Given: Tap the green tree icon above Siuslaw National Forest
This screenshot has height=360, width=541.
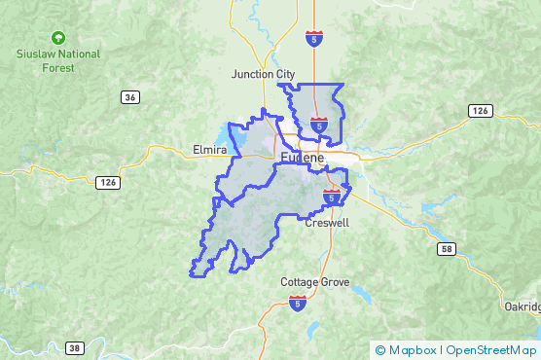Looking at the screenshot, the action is pyautogui.click(x=59, y=38).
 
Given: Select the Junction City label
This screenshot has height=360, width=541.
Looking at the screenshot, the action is pyautogui.click(x=263, y=74).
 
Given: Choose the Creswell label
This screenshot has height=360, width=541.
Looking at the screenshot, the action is pyautogui.click(x=327, y=223).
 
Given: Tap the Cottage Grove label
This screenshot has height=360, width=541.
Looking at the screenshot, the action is pyautogui.click(x=312, y=282).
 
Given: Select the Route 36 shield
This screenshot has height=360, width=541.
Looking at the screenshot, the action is pyautogui.click(x=130, y=96).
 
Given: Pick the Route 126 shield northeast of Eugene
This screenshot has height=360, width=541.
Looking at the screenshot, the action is pyautogui.click(x=478, y=111).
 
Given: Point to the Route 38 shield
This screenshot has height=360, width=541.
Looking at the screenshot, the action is pyautogui.click(x=75, y=347).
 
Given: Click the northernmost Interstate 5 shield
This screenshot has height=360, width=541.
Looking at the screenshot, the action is pyautogui.click(x=313, y=39).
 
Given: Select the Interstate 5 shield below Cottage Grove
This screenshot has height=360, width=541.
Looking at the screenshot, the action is pyautogui.click(x=298, y=305).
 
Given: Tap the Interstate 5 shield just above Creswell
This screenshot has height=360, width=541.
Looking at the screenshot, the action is pyautogui.click(x=332, y=198).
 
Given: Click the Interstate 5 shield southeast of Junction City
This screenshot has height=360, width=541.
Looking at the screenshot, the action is pyautogui.click(x=319, y=125).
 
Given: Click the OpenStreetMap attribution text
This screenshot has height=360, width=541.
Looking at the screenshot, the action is pyautogui.click(x=490, y=350).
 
